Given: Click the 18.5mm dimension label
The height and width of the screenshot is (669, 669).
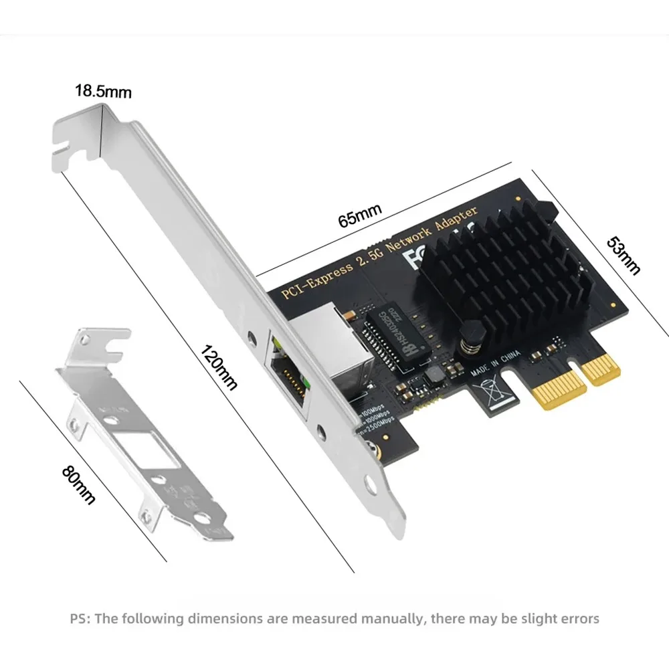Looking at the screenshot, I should tap(102, 91).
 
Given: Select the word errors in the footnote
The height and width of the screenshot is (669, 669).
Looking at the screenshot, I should tap(579, 618).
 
